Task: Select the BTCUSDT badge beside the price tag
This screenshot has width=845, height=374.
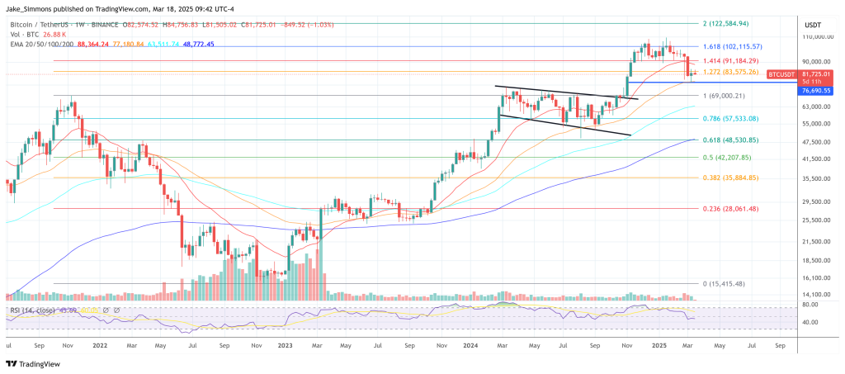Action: (781, 74)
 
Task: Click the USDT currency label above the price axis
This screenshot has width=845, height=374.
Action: (813, 25)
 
